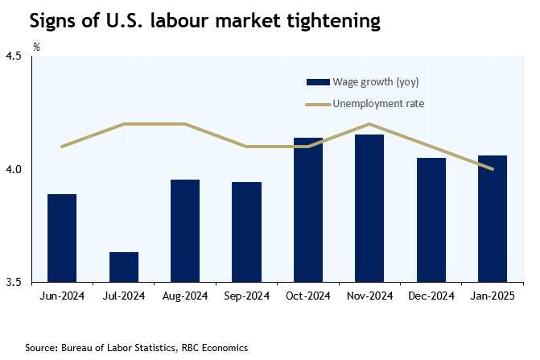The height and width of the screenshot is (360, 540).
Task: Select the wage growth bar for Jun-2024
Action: point(62,238)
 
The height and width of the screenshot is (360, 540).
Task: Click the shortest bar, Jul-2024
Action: point(124,267)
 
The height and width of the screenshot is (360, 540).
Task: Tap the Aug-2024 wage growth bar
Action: point(185,230)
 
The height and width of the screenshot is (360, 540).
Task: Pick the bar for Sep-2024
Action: point(246,232)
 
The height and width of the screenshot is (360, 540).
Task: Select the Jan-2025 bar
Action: point(492,218)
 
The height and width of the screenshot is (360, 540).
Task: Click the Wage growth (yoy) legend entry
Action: point(362,81)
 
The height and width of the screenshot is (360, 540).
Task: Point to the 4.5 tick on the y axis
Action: point(14,56)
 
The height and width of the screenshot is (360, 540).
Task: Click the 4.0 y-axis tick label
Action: point(14,169)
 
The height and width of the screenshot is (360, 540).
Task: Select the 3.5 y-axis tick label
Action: point(14,282)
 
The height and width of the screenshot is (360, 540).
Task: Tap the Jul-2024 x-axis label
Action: point(124,296)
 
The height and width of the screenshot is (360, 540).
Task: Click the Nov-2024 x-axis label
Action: point(369,296)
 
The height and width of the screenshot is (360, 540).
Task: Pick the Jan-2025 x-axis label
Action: point(492,296)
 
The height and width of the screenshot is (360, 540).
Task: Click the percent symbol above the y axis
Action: point(35,47)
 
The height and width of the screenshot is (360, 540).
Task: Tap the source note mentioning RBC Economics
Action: point(136,347)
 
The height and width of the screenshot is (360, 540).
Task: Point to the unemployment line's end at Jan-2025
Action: point(492,169)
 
